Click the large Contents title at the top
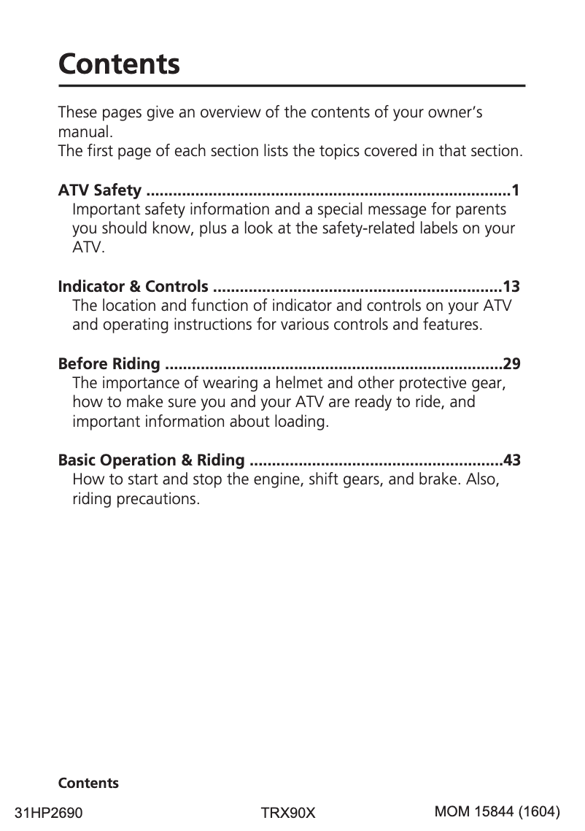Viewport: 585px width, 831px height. [x=119, y=64]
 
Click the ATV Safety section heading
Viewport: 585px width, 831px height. [x=99, y=191]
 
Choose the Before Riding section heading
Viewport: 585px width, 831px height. [x=109, y=363]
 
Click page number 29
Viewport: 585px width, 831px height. [x=511, y=363]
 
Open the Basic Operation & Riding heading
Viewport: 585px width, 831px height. [x=151, y=460]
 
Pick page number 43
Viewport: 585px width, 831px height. [x=511, y=460]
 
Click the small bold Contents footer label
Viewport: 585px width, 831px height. [x=88, y=784]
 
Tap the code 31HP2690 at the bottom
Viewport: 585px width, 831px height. [x=49, y=812]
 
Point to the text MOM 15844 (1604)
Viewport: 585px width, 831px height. [x=497, y=811]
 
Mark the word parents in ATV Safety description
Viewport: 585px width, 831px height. [x=481, y=210]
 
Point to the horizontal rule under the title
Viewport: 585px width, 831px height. [x=292, y=87]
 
